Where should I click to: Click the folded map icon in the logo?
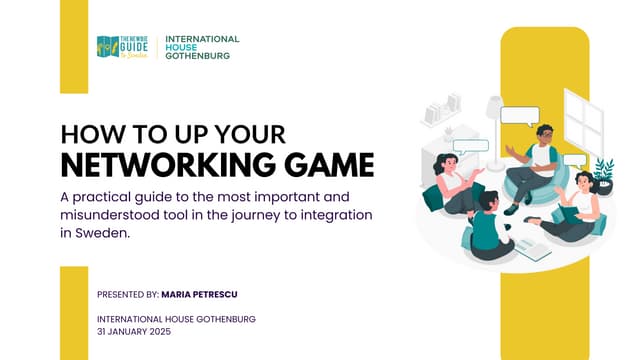click(x=107, y=47)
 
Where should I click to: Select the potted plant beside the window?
click(x=603, y=172)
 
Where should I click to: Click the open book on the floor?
click(x=532, y=249)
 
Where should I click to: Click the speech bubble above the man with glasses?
click(x=519, y=115)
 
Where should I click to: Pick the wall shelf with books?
click(x=441, y=110)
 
